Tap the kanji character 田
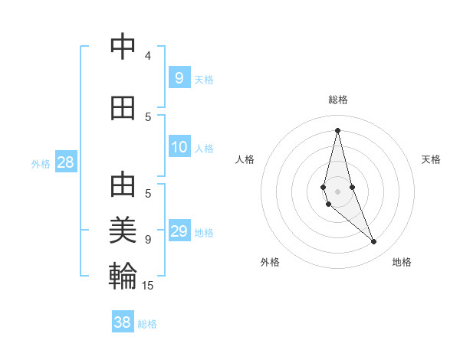(123, 108)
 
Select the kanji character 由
(123, 186)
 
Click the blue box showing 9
(179, 77)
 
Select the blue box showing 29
(179, 231)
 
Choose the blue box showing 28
(65, 162)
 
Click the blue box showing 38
(123, 322)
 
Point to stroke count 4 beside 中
(148, 56)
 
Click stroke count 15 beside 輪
(148, 286)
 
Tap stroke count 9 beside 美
(148, 240)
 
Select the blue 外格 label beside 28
(41, 163)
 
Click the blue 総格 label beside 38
(147, 324)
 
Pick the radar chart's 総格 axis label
(338, 100)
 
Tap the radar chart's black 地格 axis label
(402, 263)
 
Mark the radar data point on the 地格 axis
(374, 242)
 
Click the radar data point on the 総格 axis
(337, 130)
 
